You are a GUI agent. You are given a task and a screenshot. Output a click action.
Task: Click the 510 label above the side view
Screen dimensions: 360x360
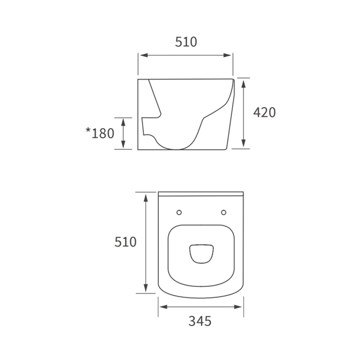(185, 42)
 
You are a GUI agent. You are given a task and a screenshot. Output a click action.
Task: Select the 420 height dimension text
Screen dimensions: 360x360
(264, 112)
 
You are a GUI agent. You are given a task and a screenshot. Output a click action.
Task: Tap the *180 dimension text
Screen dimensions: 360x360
(100, 133)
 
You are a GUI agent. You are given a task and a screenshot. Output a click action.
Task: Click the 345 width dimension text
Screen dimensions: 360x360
(200, 321)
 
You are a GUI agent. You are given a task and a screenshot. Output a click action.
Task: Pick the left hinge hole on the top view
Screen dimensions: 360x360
(179, 212)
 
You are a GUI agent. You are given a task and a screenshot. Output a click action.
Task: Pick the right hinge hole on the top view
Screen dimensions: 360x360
(224, 212)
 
